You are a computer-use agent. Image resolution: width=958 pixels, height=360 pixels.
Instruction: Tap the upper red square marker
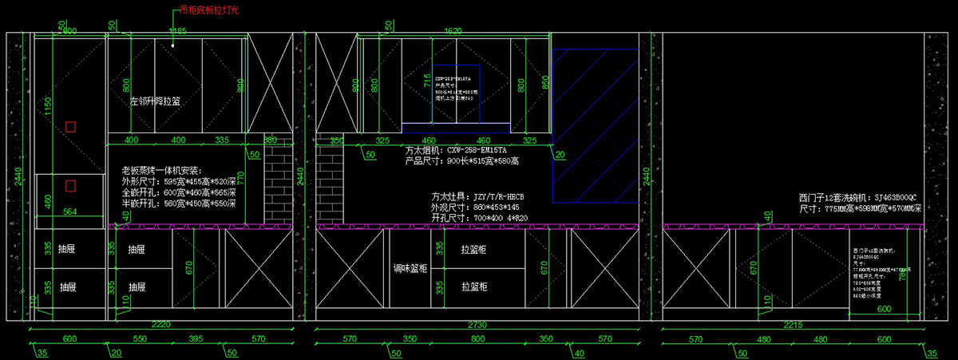click(x=70, y=126)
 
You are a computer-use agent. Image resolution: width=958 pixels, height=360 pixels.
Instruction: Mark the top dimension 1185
click(x=177, y=31)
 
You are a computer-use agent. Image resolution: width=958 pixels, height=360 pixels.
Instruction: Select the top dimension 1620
click(x=453, y=31)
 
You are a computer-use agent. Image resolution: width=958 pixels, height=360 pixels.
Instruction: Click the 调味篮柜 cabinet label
click(x=410, y=269)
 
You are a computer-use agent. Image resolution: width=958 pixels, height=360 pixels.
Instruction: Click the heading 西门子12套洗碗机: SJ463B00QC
click(x=857, y=197)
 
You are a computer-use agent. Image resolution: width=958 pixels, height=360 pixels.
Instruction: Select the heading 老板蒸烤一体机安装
click(x=162, y=171)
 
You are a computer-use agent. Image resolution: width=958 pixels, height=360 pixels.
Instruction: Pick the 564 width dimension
click(x=69, y=212)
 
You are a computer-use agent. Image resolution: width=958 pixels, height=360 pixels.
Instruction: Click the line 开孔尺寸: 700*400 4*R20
click(x=479, y=217)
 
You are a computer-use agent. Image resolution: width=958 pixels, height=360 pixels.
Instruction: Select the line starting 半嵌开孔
click(x=179, y=204)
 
